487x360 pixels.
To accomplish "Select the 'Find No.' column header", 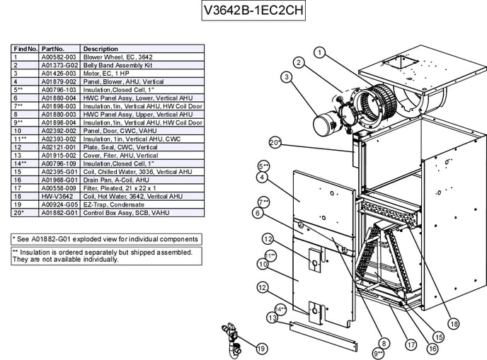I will point(25,49).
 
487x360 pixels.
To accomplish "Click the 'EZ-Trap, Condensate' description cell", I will point(110,204).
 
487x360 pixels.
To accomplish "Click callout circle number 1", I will point(319,52).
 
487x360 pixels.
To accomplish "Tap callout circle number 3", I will point(287,77).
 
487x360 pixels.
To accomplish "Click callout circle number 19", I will point(261,348).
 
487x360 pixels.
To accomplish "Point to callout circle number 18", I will point(454,324).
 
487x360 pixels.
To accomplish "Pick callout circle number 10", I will point(262,264).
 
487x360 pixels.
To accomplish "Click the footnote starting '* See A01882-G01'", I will point(105,239).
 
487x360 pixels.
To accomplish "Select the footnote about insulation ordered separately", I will point(102,255).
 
